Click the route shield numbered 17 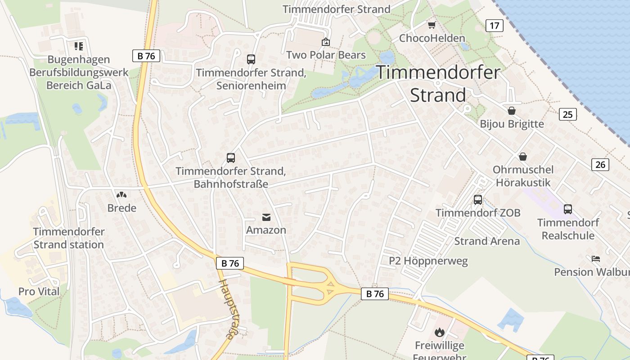click(x=494, y=26)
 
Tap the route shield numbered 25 click(x=568, y=114)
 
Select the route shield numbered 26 click(x=600, y=165)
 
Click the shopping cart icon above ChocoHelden click(x=432, y=25)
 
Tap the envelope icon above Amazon click(x=266, y=218)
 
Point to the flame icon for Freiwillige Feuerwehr click(x=439, y=333)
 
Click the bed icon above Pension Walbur click(x=596, y=259)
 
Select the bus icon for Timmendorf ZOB click(x=478, y=199)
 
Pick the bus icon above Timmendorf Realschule click(x=568, y=209)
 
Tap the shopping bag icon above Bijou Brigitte click(x=512, y=111)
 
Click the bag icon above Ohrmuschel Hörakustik click(x=523, y=157)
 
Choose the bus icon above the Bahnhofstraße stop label click(x=231, y=158)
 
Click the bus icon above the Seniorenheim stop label click(x=251, y=59)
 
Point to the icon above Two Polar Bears click(x=326, y=42)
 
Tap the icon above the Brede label click(x=121, y=195)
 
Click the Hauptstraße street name click(x=229, y=309)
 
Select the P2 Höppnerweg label click(x=428, y=261)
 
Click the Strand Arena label click(x=487, y=241)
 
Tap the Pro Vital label click(x=39, y=292)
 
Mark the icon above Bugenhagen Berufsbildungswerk click(x=79, y=46)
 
